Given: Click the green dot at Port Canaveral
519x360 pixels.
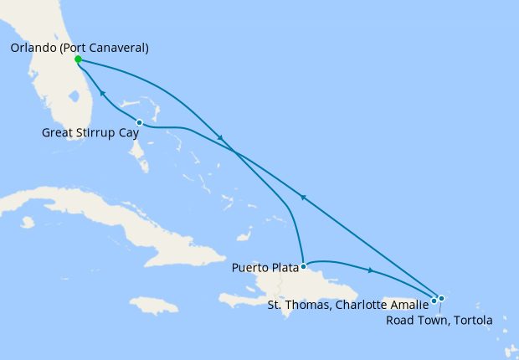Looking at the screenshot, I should (x=78, y=59).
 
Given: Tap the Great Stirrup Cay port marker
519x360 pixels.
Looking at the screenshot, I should (x=139, y=123).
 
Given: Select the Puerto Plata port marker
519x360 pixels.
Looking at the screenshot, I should (x=303, y=266).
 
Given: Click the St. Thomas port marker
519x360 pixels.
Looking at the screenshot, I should (x=434, y=300).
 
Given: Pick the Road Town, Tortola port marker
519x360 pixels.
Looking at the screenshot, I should (x=441, y=298).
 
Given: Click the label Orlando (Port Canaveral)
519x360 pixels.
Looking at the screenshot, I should (x=80, y=48).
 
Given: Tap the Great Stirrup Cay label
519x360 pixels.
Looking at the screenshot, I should (x=90, y=132).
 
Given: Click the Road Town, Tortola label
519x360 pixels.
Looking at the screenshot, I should (x=439, y=320).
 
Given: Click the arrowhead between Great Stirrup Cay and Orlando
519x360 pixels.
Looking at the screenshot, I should (x=101, y=93).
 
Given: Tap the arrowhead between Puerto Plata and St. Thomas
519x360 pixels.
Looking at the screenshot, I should (x=370, y=270).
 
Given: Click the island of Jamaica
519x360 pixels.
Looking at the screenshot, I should (x=155, y=305).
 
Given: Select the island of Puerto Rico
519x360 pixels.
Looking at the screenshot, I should (x=398, y=301).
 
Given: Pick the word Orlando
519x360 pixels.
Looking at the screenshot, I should (x=33, y=48).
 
